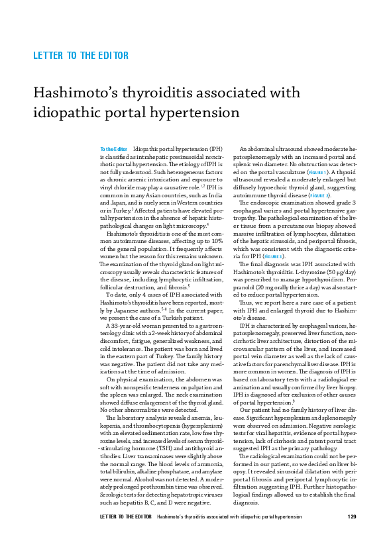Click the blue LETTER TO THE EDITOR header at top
pyautogui.click(x=81, y=56)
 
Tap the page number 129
pyautogui.click(x=352, y=516)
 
